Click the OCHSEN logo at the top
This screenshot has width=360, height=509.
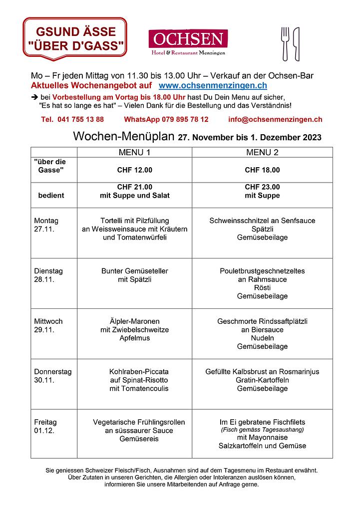click(188, 42)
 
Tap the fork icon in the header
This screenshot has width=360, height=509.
click(286, 43)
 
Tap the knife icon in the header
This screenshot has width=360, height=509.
click(296, 43)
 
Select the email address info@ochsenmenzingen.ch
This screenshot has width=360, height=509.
click(275, 119)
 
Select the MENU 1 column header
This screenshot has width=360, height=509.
click(134, 152)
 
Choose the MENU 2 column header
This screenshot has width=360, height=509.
click(262, 152)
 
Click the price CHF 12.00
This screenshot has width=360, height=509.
click(134, 170)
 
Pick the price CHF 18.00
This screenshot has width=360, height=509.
click(262, 170)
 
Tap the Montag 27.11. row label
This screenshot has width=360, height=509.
click(46, 225)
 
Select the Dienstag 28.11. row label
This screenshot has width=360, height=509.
click(48, 275)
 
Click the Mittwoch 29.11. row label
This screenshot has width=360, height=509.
click(49, 325)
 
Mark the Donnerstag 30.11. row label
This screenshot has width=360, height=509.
click(52, 376)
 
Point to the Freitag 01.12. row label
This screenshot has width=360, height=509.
click(45, 426)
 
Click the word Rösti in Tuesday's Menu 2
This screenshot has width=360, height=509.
click(262, 288)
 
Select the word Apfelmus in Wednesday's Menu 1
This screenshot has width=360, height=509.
click(134, 338)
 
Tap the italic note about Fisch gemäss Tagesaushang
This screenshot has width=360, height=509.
click(262, 430)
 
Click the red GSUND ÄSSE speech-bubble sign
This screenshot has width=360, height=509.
click(74, 38)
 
